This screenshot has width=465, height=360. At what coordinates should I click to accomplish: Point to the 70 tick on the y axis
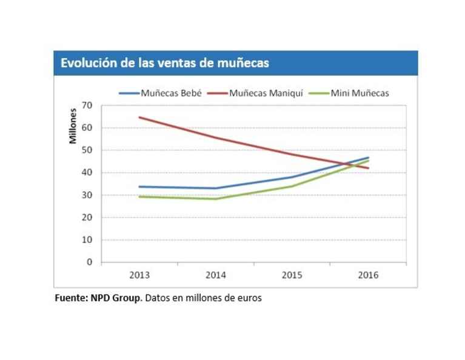pyautogui.click(x=89, y=105)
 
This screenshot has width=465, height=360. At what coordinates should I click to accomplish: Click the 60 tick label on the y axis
pyautogui.click(x=89, y=128)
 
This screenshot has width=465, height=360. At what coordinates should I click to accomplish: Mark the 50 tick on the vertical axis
pyautogui.click(x=89, y=150)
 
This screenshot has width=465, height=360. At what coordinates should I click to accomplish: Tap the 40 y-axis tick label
pyautogui.click(x=89, y=173)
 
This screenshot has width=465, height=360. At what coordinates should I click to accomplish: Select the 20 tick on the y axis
pyautogui.click(x=89, y=218)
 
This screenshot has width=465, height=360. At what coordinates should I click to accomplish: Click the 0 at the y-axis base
pyautogui.click(x=90, y=262)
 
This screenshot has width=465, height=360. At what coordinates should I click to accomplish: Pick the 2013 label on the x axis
pyautogui.click(x=139, y=275)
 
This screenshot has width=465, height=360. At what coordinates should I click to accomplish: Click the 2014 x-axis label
pyautogui.click(x=216, y=275)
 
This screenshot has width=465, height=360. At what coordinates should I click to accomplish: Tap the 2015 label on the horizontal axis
pyautogui.click(x=292, y=275)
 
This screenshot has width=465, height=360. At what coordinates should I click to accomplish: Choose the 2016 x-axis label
pyautogui.click(x=368, y=275)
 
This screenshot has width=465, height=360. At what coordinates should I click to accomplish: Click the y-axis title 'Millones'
pyautogui.click(x=73, y=125)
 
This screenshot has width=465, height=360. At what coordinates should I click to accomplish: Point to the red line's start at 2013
pyautogui.click(x=139, y=117)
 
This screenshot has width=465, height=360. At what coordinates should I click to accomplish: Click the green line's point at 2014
pyautogui.click(x=216, y=199)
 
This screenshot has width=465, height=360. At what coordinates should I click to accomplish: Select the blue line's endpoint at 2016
pyautogui.click(x=368, y=158)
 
